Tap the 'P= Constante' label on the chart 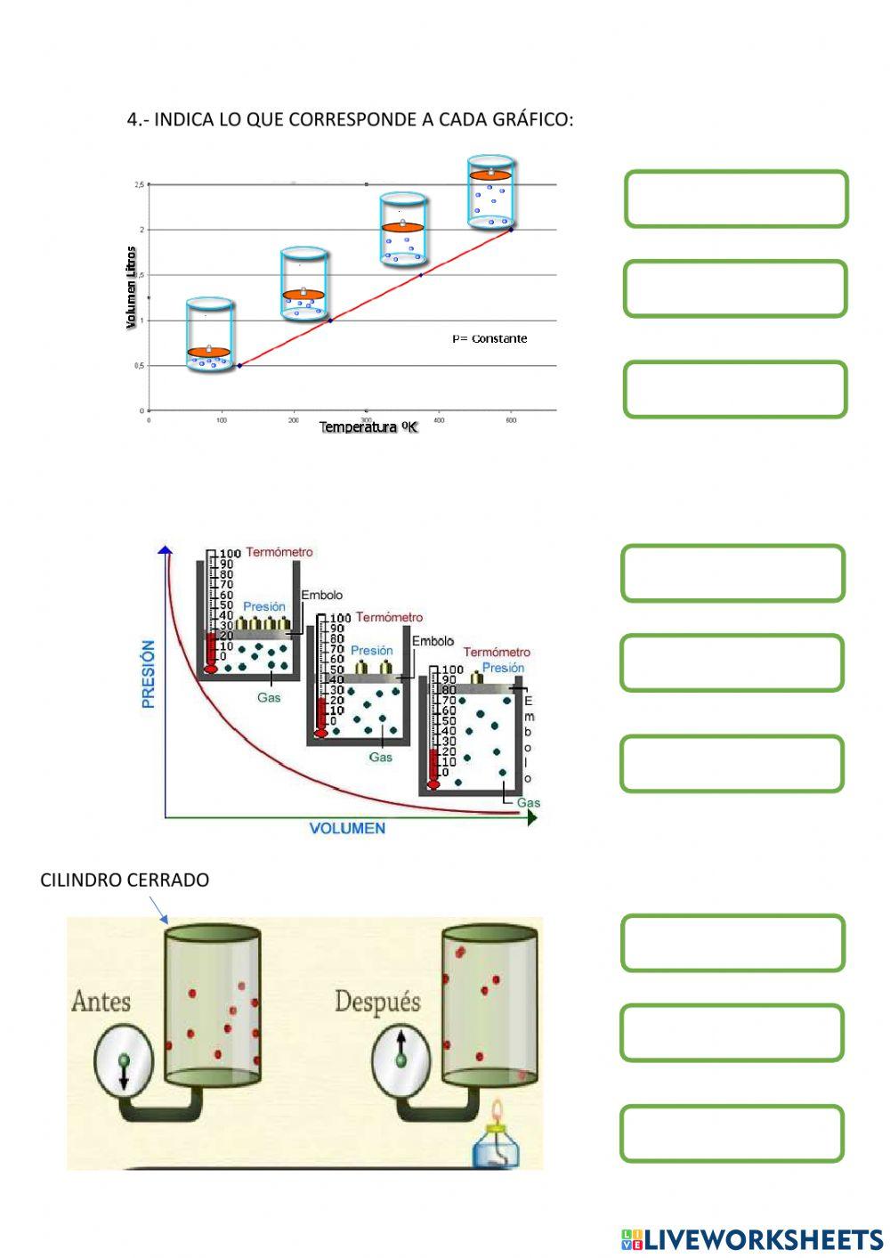click(489, 338)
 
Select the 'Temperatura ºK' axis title click(368, 427)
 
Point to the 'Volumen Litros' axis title click(132, 288)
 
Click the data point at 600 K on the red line click(511, 230)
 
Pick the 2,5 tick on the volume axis click(139, 184)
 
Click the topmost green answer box click(736, 199)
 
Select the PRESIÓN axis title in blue click(148, 674)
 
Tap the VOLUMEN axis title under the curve click(347, 828)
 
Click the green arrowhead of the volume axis click(531, 817)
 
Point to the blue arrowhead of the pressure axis click(165, 549)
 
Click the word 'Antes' click(101, 1002)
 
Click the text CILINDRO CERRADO click(125, 880)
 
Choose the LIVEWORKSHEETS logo click(752, 1239)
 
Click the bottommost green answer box click(732, 1133)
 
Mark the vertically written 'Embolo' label click(528, 740)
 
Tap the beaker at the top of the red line click(491, 191)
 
